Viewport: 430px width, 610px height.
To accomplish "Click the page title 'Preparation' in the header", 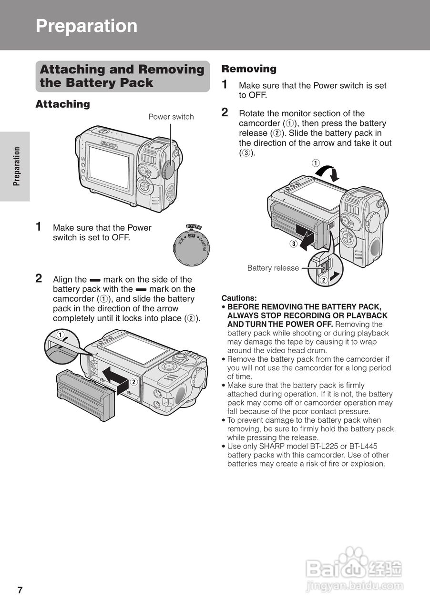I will click(86, 26).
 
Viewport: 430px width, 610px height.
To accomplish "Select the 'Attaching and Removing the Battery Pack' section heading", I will click(122, 76).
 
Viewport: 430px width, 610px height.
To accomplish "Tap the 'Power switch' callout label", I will click(171, 117).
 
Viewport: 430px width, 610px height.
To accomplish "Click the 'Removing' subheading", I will click(249, 69).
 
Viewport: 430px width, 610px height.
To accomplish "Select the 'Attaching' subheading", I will click(62, 104).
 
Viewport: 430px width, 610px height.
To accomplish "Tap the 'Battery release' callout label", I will click(273, 268).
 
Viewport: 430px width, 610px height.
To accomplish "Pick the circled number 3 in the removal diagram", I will click(294, 244).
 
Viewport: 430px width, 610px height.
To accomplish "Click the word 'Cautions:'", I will click(239, 298).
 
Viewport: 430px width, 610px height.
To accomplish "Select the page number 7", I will click(20, 590).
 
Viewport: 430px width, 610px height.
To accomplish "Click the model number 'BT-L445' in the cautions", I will click(363, 447).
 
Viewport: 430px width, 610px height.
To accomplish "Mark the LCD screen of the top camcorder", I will click(109, 167).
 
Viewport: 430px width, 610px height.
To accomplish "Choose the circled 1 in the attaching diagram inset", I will click(61, 335).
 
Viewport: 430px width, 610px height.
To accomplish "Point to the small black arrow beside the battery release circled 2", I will click(338, 275).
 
